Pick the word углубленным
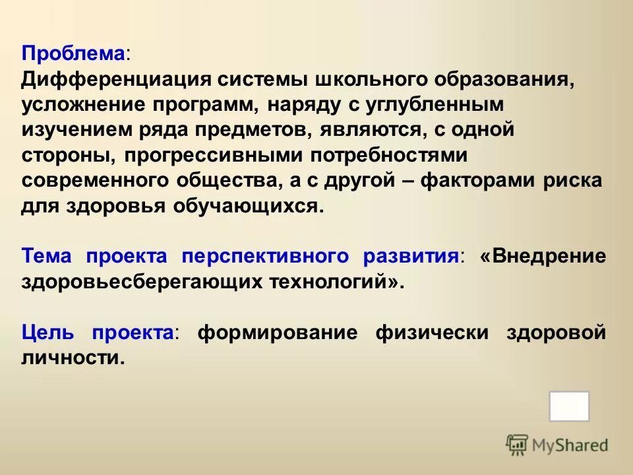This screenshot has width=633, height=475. pos(432,104)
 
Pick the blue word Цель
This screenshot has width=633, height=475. pos(49,332)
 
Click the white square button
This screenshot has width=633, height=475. pos(569,406)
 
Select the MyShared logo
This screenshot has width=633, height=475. pos(557,445)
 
